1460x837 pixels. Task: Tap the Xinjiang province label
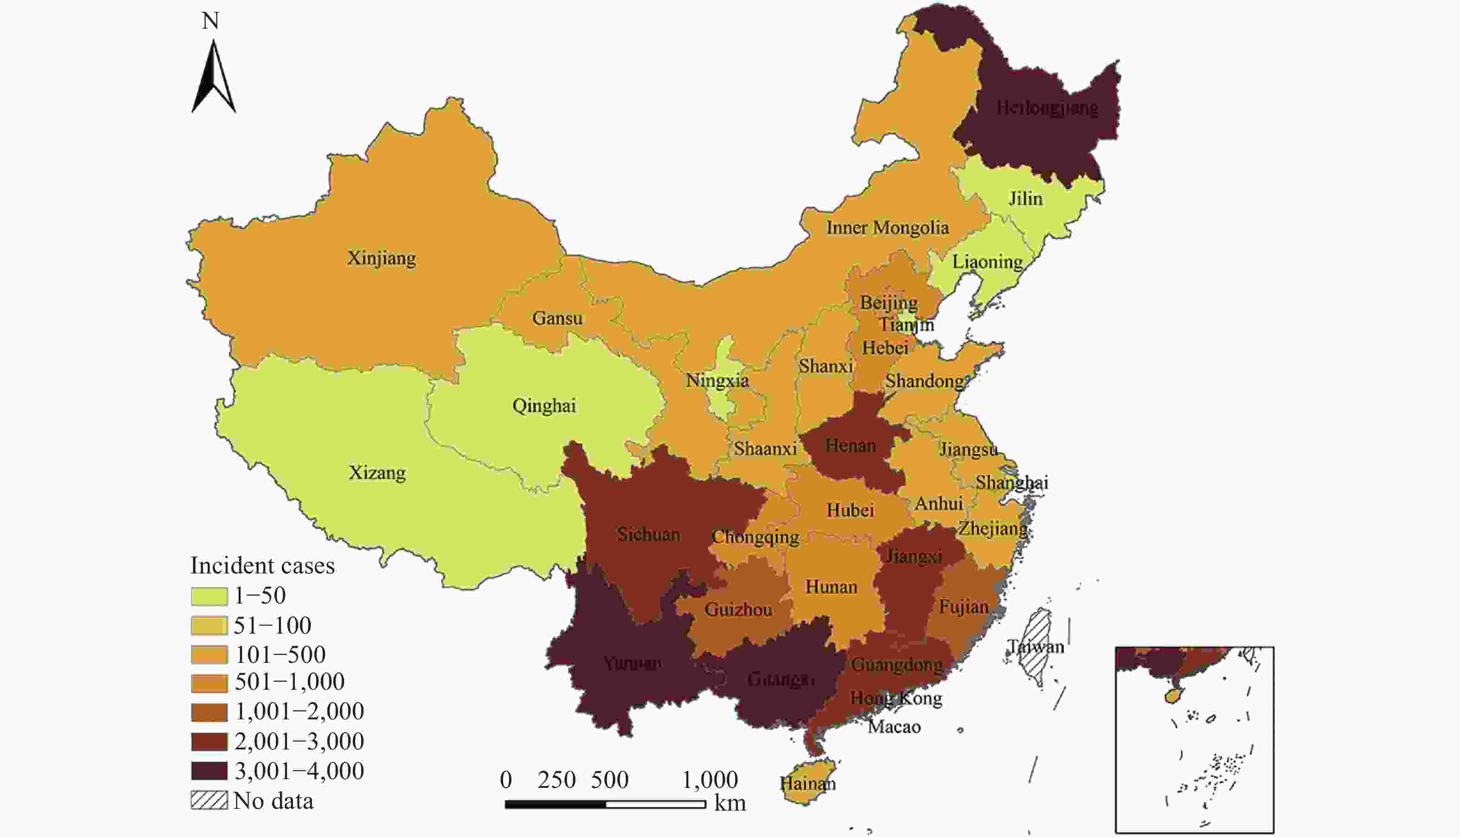[381, 258]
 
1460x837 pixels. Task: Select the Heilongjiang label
[1047, 107]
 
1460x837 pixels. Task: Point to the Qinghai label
[544, 406]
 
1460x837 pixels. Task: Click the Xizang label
[377, 472]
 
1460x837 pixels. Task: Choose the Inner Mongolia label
[887, 227]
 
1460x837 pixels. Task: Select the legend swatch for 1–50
[209, 596]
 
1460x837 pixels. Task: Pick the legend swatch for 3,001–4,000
[209, 771]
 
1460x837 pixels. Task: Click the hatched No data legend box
[209, 801]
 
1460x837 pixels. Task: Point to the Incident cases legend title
[262, 566]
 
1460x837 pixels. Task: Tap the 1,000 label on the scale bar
[710, 780]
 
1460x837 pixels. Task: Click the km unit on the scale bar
[730, 803]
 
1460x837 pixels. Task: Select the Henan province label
[851, 446]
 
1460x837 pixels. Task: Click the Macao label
[894, 727]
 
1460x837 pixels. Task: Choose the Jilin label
[1025, 199]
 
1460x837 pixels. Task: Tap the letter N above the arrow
[210, 21]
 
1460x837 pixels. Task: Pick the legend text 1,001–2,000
[299, 711]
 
